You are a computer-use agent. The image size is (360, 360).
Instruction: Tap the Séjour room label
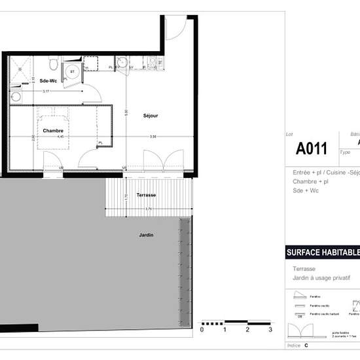151,116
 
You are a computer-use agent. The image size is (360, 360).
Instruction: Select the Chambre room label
53,131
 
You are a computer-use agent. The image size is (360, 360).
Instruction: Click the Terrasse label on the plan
146,195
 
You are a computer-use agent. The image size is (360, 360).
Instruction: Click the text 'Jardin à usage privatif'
321,278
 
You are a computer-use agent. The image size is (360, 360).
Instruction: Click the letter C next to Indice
306,344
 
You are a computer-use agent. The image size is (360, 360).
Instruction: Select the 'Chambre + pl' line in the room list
311,182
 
